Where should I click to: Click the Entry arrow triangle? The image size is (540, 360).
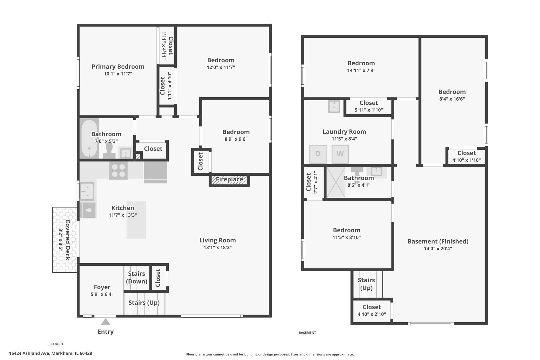[x=106, y=322]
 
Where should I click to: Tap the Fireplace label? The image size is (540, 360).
[x=229, y=179]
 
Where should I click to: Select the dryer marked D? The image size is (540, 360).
[x=318, y=154]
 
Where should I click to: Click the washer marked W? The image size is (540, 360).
[x=340, y=154]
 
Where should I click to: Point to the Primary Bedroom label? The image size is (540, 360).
[x=118, y=67]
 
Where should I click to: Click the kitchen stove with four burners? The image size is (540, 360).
[x=118, y=170]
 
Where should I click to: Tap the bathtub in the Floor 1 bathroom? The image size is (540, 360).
[x=89, y=138]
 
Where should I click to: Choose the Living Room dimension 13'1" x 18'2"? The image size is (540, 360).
[x=217, y=247]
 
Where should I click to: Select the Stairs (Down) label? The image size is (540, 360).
[x=136, y=278]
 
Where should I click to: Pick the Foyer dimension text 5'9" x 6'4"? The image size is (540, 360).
[x=102, y=294]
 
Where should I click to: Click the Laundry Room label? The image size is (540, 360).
[x=344, y=132]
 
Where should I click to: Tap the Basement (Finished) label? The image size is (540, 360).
[x=438, y=241]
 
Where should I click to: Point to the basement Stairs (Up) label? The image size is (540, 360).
[x=366, y=284]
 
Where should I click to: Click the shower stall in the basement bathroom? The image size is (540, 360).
[x=336, y=182]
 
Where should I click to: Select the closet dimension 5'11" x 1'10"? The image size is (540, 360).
[x=369, y=110]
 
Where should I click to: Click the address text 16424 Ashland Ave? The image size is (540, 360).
[x=29, y=353]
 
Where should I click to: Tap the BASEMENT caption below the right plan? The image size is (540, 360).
[x=307, y=333]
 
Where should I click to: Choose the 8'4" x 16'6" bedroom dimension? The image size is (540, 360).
[x=452, y=99]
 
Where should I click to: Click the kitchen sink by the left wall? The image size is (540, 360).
[x=87, y=191]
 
